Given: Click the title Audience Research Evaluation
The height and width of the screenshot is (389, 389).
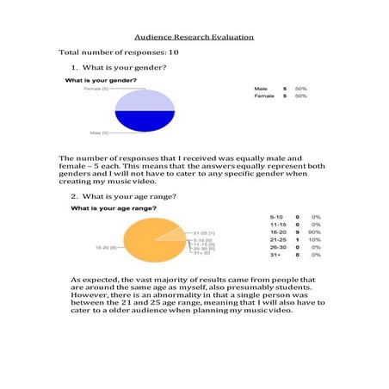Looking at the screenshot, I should (x=194, y=38).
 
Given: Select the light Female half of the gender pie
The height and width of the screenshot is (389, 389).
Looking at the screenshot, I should (x=145, y=100).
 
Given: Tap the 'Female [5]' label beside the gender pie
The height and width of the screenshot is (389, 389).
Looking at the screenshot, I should (x=96, y=89).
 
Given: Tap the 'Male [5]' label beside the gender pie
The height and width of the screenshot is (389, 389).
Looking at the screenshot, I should (x=99, y=133).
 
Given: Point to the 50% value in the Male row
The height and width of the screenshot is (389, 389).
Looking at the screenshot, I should (x=301, y=89).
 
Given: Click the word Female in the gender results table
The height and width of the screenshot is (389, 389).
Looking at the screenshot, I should (x=264, y=96).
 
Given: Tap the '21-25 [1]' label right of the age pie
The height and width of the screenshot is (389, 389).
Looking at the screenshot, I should (x=204, y=232).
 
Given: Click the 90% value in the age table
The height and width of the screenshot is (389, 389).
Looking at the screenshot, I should (x=316, y=232).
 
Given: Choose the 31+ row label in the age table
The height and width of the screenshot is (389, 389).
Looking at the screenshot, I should (x=275, y=255).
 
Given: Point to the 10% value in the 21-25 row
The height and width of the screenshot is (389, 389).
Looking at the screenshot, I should (x=316, y=239).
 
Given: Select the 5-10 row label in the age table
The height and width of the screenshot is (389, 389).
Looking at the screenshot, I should (x=276, y=216).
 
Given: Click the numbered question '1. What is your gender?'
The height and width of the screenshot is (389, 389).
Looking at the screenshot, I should (x=119, y=67).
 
